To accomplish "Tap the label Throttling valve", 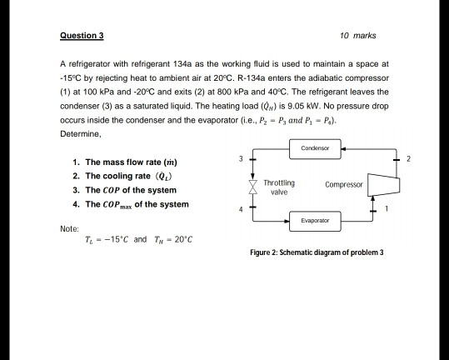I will [278, 187].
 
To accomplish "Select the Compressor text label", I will [342, 184].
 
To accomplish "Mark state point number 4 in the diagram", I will [239, 210].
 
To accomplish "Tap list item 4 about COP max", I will [131, 204].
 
